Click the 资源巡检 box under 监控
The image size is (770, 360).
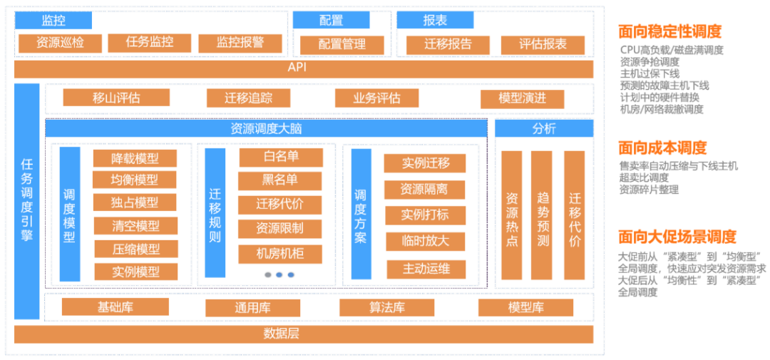click(x=61, y=43)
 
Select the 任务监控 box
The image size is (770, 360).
click(x=150, y=43)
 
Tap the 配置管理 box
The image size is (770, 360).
click(x=342, y=44)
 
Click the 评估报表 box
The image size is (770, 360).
click(x=543, y=44)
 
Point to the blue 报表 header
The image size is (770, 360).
click(x=434, y=20)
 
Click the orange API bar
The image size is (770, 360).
click(x=304, y=68)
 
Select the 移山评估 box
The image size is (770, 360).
click(x=116, y=98)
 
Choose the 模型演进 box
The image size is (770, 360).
click(x=523, y=98)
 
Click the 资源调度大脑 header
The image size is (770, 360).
click(x=266, y=129)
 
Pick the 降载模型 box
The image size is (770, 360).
click(x=135, y=158)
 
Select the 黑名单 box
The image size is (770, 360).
click(x=280, y=180)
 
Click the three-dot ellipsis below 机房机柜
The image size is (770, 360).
click(x=279, y=274)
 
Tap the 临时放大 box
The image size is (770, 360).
click(x=425, y=241)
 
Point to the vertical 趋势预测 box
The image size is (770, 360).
click(x=543, y=215)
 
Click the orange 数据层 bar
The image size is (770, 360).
click(x=304, y=334)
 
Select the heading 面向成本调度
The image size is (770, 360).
click(x=662, y=148)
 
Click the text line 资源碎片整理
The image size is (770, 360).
click(x=649, y=190)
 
